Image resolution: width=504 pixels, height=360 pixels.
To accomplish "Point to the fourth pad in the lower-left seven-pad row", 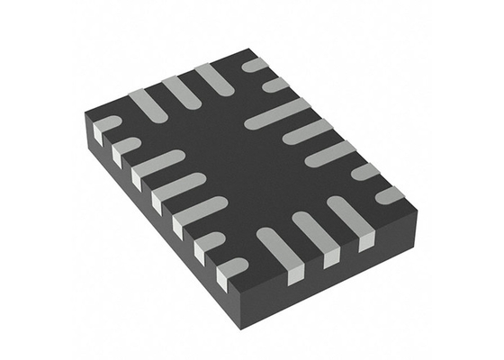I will tap(176, 190).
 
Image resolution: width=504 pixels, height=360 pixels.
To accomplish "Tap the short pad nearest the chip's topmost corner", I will tap(256, 65).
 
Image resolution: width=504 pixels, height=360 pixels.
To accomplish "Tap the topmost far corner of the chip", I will tap(251, 52).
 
